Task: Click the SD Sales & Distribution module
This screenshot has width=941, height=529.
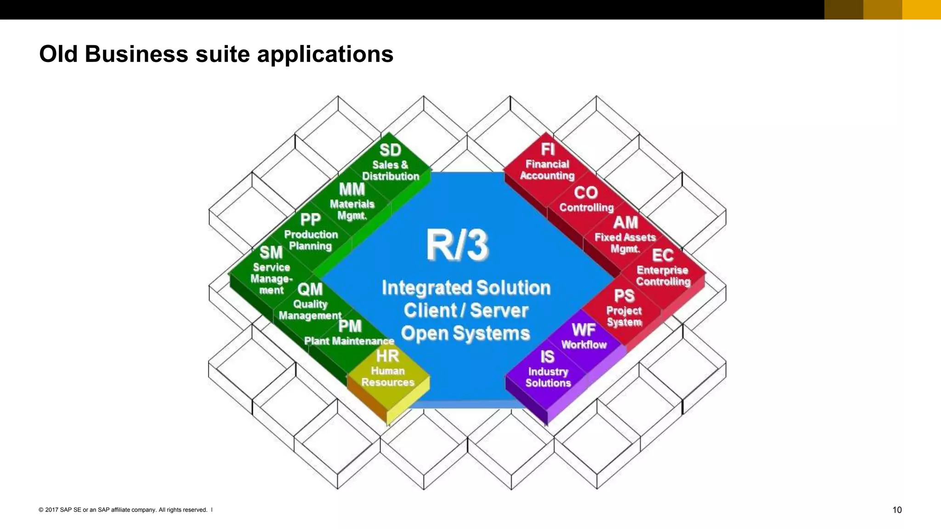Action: pyautogui.click(x=390, y=163)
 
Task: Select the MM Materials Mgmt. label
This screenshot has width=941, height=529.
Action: pyautogui.click(x=352, y=203)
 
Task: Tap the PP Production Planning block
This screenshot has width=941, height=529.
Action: pyautogui.click(x=311, y=233)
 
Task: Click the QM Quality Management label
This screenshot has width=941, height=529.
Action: pyautogui.click(x=310, y=303)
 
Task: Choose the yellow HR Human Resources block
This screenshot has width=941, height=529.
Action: pyautogui.click(x=388, y=370)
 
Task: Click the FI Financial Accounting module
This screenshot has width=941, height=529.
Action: pyautogui.click(x=547, y=163)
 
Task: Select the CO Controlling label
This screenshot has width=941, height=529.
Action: pyautogui.click(x=586, y=200)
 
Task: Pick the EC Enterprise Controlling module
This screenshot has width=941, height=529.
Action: pyautogui.click(x=663, y=268)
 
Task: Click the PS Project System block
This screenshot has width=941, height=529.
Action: pyautogui.click(x=624, y=308)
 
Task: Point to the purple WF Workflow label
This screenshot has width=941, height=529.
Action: pyautogui.click(x=584, y=337)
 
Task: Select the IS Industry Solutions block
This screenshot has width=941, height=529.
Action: pyautogui.click(x=548, y=370)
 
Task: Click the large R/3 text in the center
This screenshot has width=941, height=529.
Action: pyautogui.click(x=457, y=245)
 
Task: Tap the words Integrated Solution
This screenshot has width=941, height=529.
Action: pyautogui.click(x=466, y=288)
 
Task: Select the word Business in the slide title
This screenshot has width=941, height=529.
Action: pyautogui.click(x=136, y=54)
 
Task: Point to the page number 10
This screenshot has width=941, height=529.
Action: pyautogui.click(x=896, y=510)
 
